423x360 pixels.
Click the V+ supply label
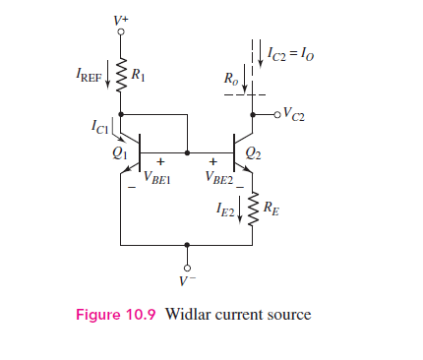point(121,17)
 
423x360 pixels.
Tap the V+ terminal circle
point(120,31)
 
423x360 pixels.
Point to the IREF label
point(87,75)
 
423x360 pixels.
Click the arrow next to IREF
point(108,76)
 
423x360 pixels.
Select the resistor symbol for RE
point(253,209)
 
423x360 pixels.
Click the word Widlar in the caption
point(189,315)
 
